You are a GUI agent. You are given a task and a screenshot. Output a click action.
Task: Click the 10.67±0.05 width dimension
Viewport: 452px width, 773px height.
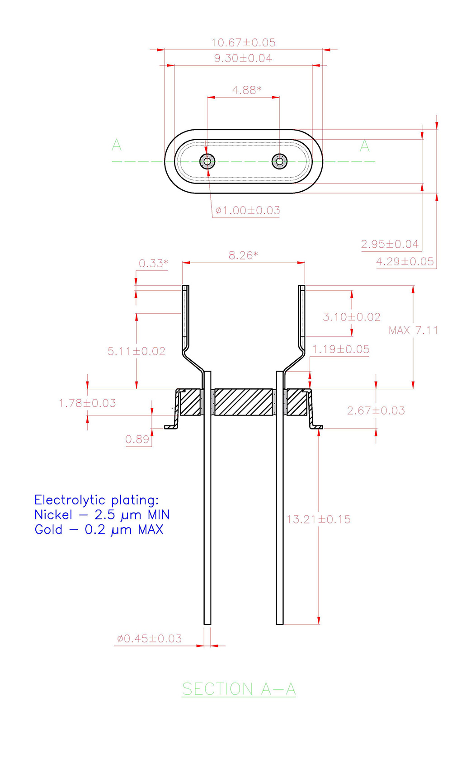tap(243, 42)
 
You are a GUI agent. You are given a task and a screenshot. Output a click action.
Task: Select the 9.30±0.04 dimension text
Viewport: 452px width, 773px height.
tap(243, 58)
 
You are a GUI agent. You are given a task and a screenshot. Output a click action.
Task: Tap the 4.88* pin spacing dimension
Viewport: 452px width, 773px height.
tap(246, 90)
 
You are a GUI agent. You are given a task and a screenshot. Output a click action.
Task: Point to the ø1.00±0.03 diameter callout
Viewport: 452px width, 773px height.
tap(247, 210)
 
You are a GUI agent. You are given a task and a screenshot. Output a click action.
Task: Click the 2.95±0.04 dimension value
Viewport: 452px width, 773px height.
tap(390, 244)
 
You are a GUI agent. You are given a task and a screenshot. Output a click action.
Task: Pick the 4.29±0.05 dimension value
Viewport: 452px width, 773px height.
tap(405, 261)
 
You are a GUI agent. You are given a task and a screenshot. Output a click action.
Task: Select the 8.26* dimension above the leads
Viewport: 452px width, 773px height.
tap(243, 255)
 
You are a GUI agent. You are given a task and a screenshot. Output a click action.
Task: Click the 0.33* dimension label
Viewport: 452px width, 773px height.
tap(153, 263)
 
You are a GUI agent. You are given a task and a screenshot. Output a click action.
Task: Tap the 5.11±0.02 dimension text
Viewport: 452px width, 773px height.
tap(137, 351)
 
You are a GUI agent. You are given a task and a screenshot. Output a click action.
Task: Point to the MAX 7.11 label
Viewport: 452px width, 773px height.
tap(413, 330)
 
